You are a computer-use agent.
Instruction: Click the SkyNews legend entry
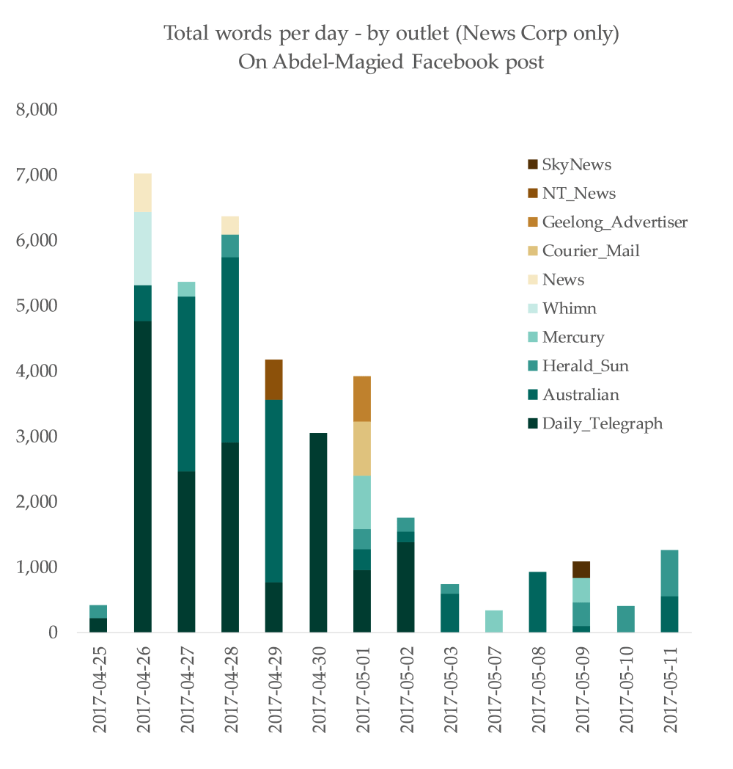[x=576, y=165]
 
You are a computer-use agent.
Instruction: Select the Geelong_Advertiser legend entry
[x=614, y=222]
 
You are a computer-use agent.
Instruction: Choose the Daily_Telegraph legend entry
[x=602, y=423]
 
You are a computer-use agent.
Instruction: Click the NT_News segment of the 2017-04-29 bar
[x=275, y=379]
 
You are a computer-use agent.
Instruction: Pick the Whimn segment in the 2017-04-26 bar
[x=143, y=249]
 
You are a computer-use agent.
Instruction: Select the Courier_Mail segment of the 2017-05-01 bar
[x=363, y=448]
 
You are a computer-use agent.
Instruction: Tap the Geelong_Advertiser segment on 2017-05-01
[x=363, y=398]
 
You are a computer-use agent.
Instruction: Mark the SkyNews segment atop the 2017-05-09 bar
[x=583, y=569]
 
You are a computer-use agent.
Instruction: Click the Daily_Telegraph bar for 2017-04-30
[x=319, y=533]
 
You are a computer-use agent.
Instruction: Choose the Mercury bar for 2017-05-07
[x=495, y=621]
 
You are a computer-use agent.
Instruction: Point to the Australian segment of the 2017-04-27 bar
[x=187, y=384]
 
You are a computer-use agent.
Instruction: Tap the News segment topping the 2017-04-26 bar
[x=143, y=193]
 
